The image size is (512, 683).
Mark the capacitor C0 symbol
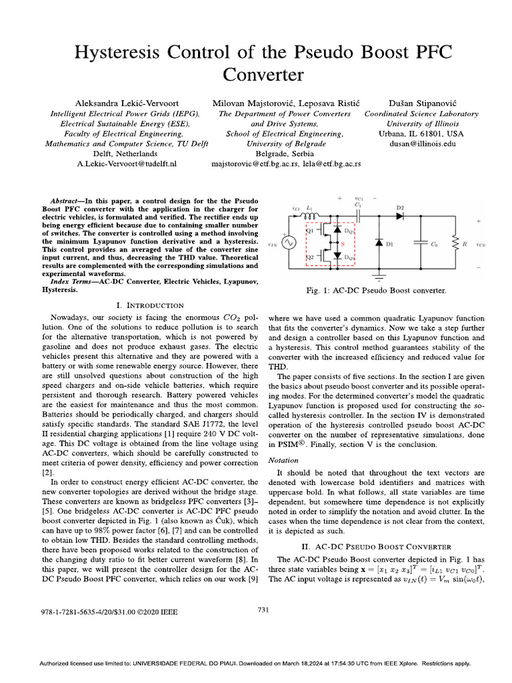tap(421, 244)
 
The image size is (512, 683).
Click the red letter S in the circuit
tap(343, 244)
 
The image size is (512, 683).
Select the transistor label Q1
tap(310, 231)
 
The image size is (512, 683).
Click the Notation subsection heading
tap(283, 460)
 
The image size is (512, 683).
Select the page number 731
tap(263, 609)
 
